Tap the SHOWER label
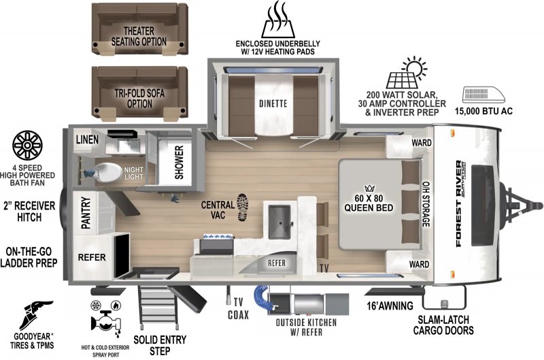(180, 163)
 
